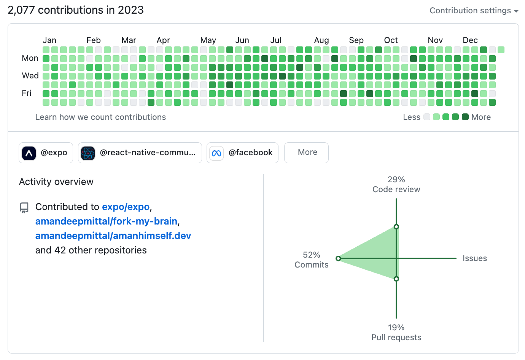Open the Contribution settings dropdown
coord(474,11)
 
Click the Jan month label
coord(49,40)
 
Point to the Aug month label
coord(321,40)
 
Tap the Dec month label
coord(470,40)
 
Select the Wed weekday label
coord(30,76)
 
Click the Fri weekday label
coord(27,93)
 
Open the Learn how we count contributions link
coord(100,117)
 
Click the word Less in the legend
coord(412,117)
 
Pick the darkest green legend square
coord(465,117)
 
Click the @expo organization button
coord(46,153)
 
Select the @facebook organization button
coord(242,153)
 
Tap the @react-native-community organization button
coord(140,153)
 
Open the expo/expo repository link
coord(126,207)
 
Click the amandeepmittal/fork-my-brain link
coord(106,221)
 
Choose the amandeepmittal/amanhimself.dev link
coord(113,236)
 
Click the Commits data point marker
coord(338,258)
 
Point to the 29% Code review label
coord(396,185)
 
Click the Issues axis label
coord(474,258)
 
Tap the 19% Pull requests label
coord(396,333)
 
